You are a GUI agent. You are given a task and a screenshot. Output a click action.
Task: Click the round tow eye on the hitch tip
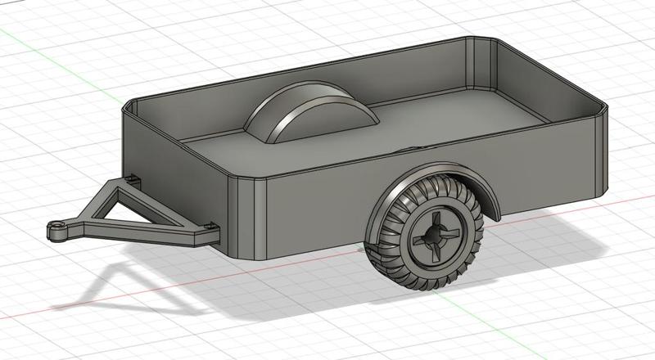click(x=55, y=230)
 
